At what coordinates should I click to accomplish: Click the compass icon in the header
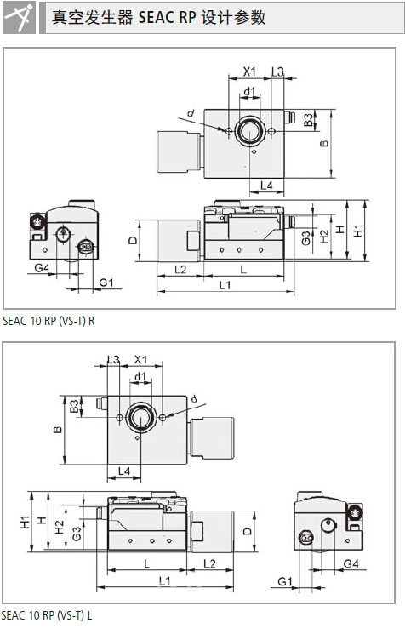pos(19,18)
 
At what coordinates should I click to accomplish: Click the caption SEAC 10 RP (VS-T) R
pos(48,321)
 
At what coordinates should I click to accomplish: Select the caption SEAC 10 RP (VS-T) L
pos(48,615)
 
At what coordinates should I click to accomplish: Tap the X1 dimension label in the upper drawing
pos(249,71)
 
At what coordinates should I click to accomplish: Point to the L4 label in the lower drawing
pos(124,471)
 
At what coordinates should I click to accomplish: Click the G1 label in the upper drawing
pos(106,283)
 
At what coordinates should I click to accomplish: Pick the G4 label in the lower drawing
pos(351,563)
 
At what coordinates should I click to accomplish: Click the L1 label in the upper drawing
pos(225,285)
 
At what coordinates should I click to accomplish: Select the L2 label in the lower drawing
pos(209,563)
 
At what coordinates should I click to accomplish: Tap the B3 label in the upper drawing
pos(308,119)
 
